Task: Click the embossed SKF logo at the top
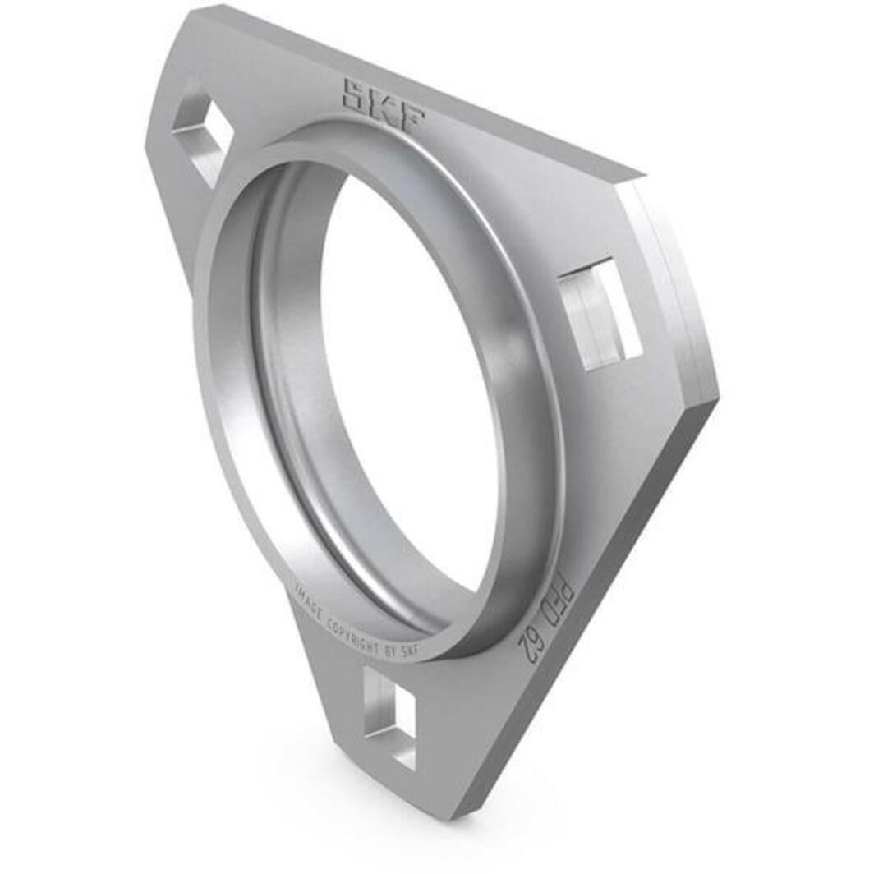point(384,105)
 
